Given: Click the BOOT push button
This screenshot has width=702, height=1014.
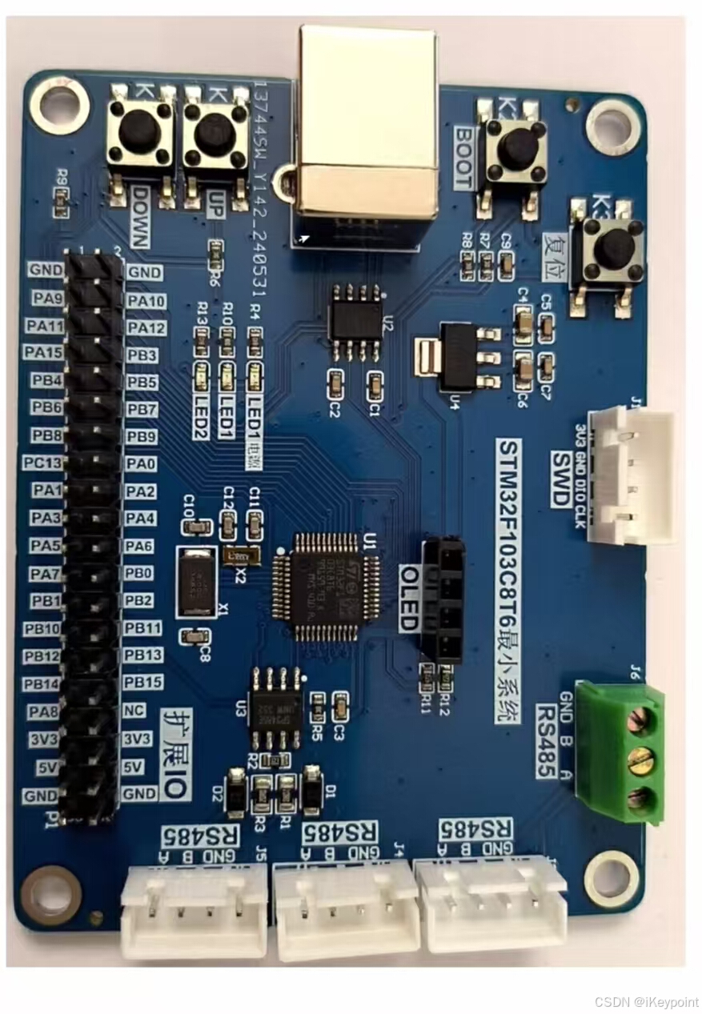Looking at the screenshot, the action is pyautogui.click(x=518, y=146).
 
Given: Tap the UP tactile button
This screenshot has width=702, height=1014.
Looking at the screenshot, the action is pyautogui.click(x=215, y=134).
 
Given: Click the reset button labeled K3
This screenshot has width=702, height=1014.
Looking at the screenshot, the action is pyautogui.click(x=612, y=249).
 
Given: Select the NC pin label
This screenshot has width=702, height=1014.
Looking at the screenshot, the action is pyautogui.click(x=134, y=710).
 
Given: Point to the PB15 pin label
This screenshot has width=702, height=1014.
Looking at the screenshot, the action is pyautogui.click(x=143, y=682).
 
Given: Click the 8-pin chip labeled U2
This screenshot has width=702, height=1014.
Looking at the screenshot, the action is pyautogui.click(x=356, y=321).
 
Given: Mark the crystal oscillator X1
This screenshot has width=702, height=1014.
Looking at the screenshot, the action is pyautogui.click(x=196, y=582).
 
